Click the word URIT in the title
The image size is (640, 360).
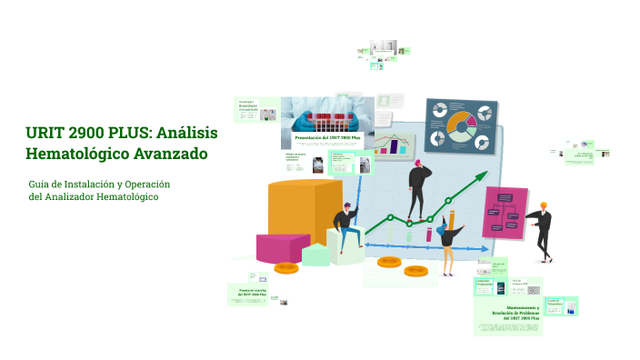click(45, 134)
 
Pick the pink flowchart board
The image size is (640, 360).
click(505, 211)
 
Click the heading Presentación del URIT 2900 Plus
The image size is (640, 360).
click(328, 136)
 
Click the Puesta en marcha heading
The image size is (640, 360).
click(248, 293)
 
